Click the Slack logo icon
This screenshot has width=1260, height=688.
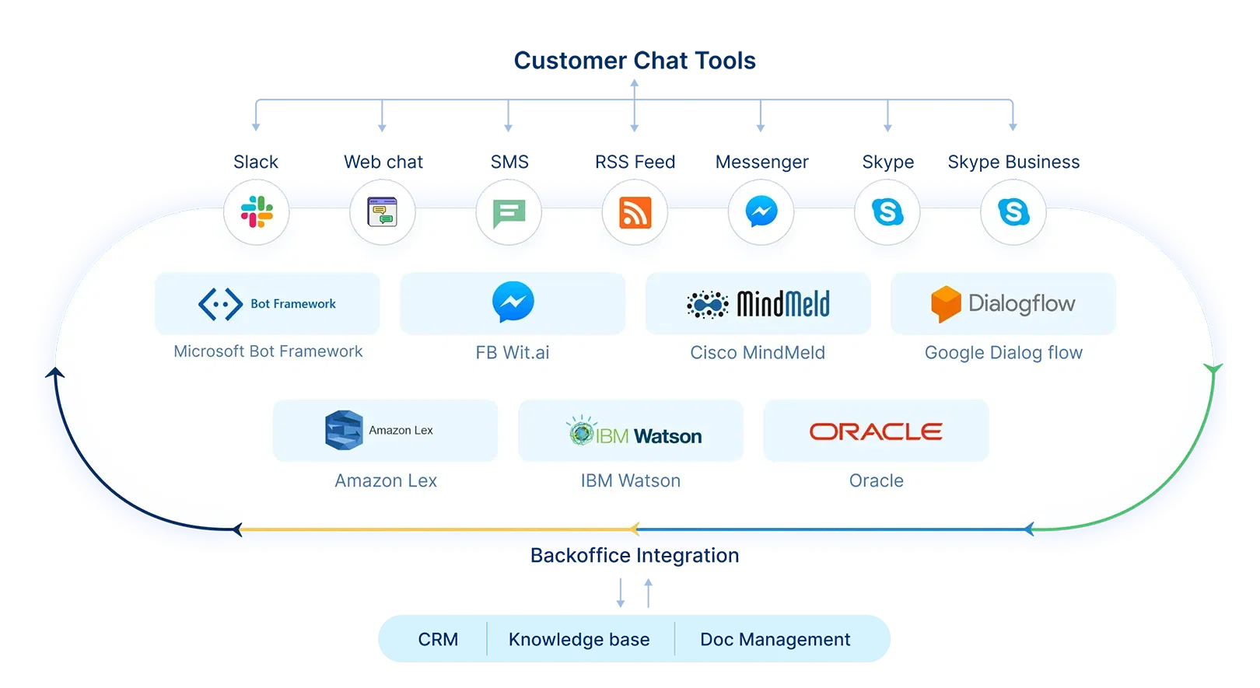click(257, 211)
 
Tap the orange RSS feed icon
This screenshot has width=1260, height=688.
click(635, 212)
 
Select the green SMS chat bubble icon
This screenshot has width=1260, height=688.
click(509, 212)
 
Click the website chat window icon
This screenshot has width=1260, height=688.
click(383, 211)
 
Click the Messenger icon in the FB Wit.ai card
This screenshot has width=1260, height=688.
click(513, 302)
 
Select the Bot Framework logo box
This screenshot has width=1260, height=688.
click(267, 304)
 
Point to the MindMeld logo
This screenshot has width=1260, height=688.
click(758, 304)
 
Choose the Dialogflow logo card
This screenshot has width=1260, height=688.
click(1003, 304)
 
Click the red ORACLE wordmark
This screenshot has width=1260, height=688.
click(876, 431)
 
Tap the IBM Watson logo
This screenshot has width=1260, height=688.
click(634, 432)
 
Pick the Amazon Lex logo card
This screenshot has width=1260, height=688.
click(385, 431)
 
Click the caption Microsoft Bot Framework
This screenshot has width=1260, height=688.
click(268, 351)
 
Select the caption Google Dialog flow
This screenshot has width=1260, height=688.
click(1003, 353)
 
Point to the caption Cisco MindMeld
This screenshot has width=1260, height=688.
click(758, 353)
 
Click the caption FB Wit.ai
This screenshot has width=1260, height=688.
click(513, 353)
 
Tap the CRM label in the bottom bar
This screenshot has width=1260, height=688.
click(438, 640)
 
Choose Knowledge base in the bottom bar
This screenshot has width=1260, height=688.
click(579, 640)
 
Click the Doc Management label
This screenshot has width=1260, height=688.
click(775, 640)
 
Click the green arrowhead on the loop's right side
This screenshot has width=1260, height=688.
click(1213, 369)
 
